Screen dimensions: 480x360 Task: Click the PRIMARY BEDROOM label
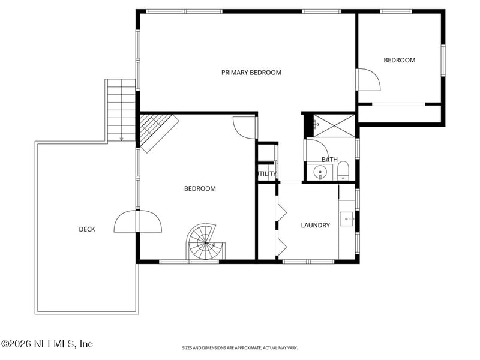point(251,73)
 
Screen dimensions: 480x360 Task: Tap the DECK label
point(87,229)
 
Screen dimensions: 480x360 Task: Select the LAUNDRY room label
point(316,226)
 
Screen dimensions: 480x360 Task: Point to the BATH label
point(329,160)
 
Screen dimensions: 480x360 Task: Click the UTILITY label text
point(267,174)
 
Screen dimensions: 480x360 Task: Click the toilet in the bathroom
point(343,170)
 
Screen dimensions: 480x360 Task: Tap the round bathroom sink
point(320,172)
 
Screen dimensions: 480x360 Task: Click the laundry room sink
point(347,219)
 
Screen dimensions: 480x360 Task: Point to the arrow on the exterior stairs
point(121,139)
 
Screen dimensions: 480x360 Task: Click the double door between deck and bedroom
point(138,221)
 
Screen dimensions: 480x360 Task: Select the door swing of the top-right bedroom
point(369,80)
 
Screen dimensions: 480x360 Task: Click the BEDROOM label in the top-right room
point(400,60)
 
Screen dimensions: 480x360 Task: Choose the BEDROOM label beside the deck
point(200,188)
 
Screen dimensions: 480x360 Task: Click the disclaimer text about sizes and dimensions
point(239,348)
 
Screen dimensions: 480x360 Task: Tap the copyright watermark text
point(47,344)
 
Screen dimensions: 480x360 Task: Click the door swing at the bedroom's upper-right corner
point(245,127)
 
